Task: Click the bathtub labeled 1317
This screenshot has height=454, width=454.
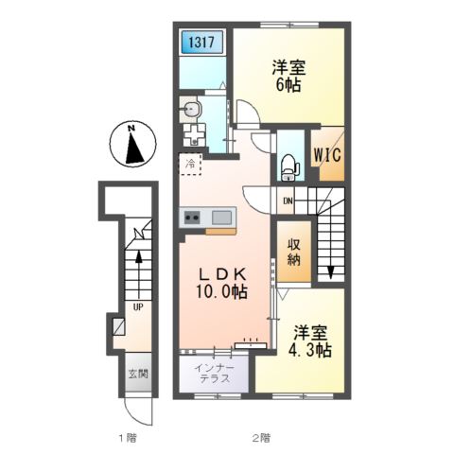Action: click(202, 43)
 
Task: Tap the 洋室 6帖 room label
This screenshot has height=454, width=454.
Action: click(288, 76)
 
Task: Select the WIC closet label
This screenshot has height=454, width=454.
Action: click(327, 155)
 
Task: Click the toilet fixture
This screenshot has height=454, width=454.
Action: click(289, 168)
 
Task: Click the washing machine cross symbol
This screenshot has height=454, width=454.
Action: click(195, 134)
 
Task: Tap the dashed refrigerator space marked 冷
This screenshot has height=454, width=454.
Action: click(190, 164)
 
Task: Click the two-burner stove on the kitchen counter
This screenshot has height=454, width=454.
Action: click(192, 218)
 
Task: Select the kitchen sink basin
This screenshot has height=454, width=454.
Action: click(221, 218)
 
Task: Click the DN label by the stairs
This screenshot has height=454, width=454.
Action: click(288, 201)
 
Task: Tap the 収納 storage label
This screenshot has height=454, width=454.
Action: click(293, 252)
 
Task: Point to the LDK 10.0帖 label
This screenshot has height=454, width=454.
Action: click(222, 283)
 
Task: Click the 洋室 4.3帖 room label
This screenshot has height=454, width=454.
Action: click(310, 341)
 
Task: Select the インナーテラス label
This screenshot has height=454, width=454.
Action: click(215, 373)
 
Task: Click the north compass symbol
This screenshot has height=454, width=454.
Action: click(132, 144)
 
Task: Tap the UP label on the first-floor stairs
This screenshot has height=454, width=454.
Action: click(138, 306)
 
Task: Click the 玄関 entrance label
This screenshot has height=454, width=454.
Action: click(138, 374)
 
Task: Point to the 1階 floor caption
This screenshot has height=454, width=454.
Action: click(128, 437)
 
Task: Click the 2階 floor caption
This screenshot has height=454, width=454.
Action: click(262, 437)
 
